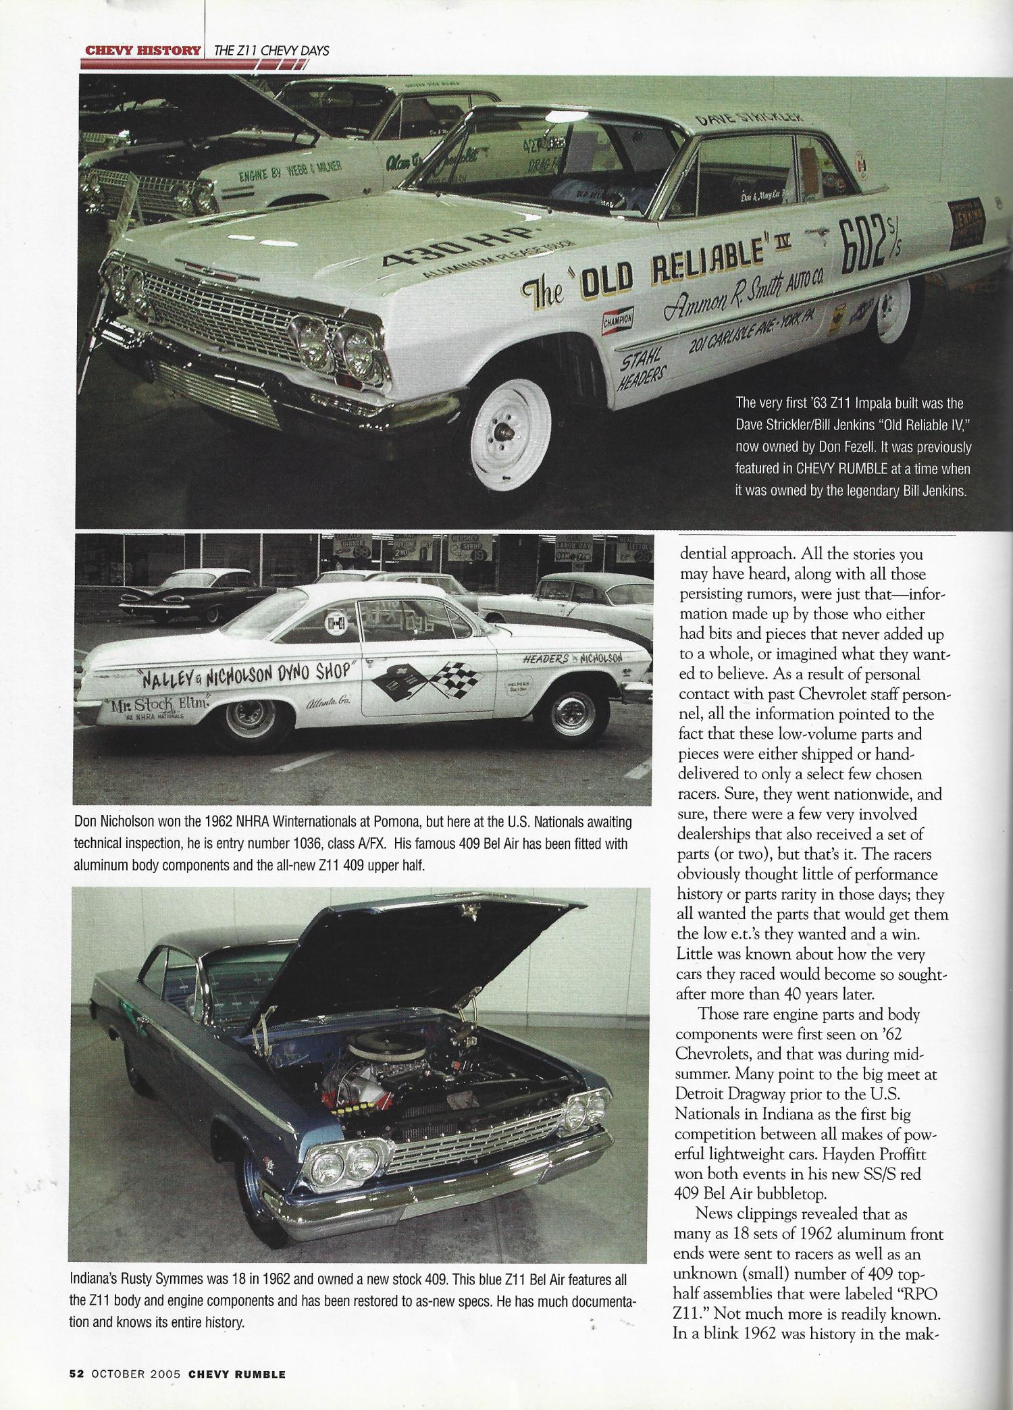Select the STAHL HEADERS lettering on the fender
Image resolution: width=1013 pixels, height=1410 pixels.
(643, 365)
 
